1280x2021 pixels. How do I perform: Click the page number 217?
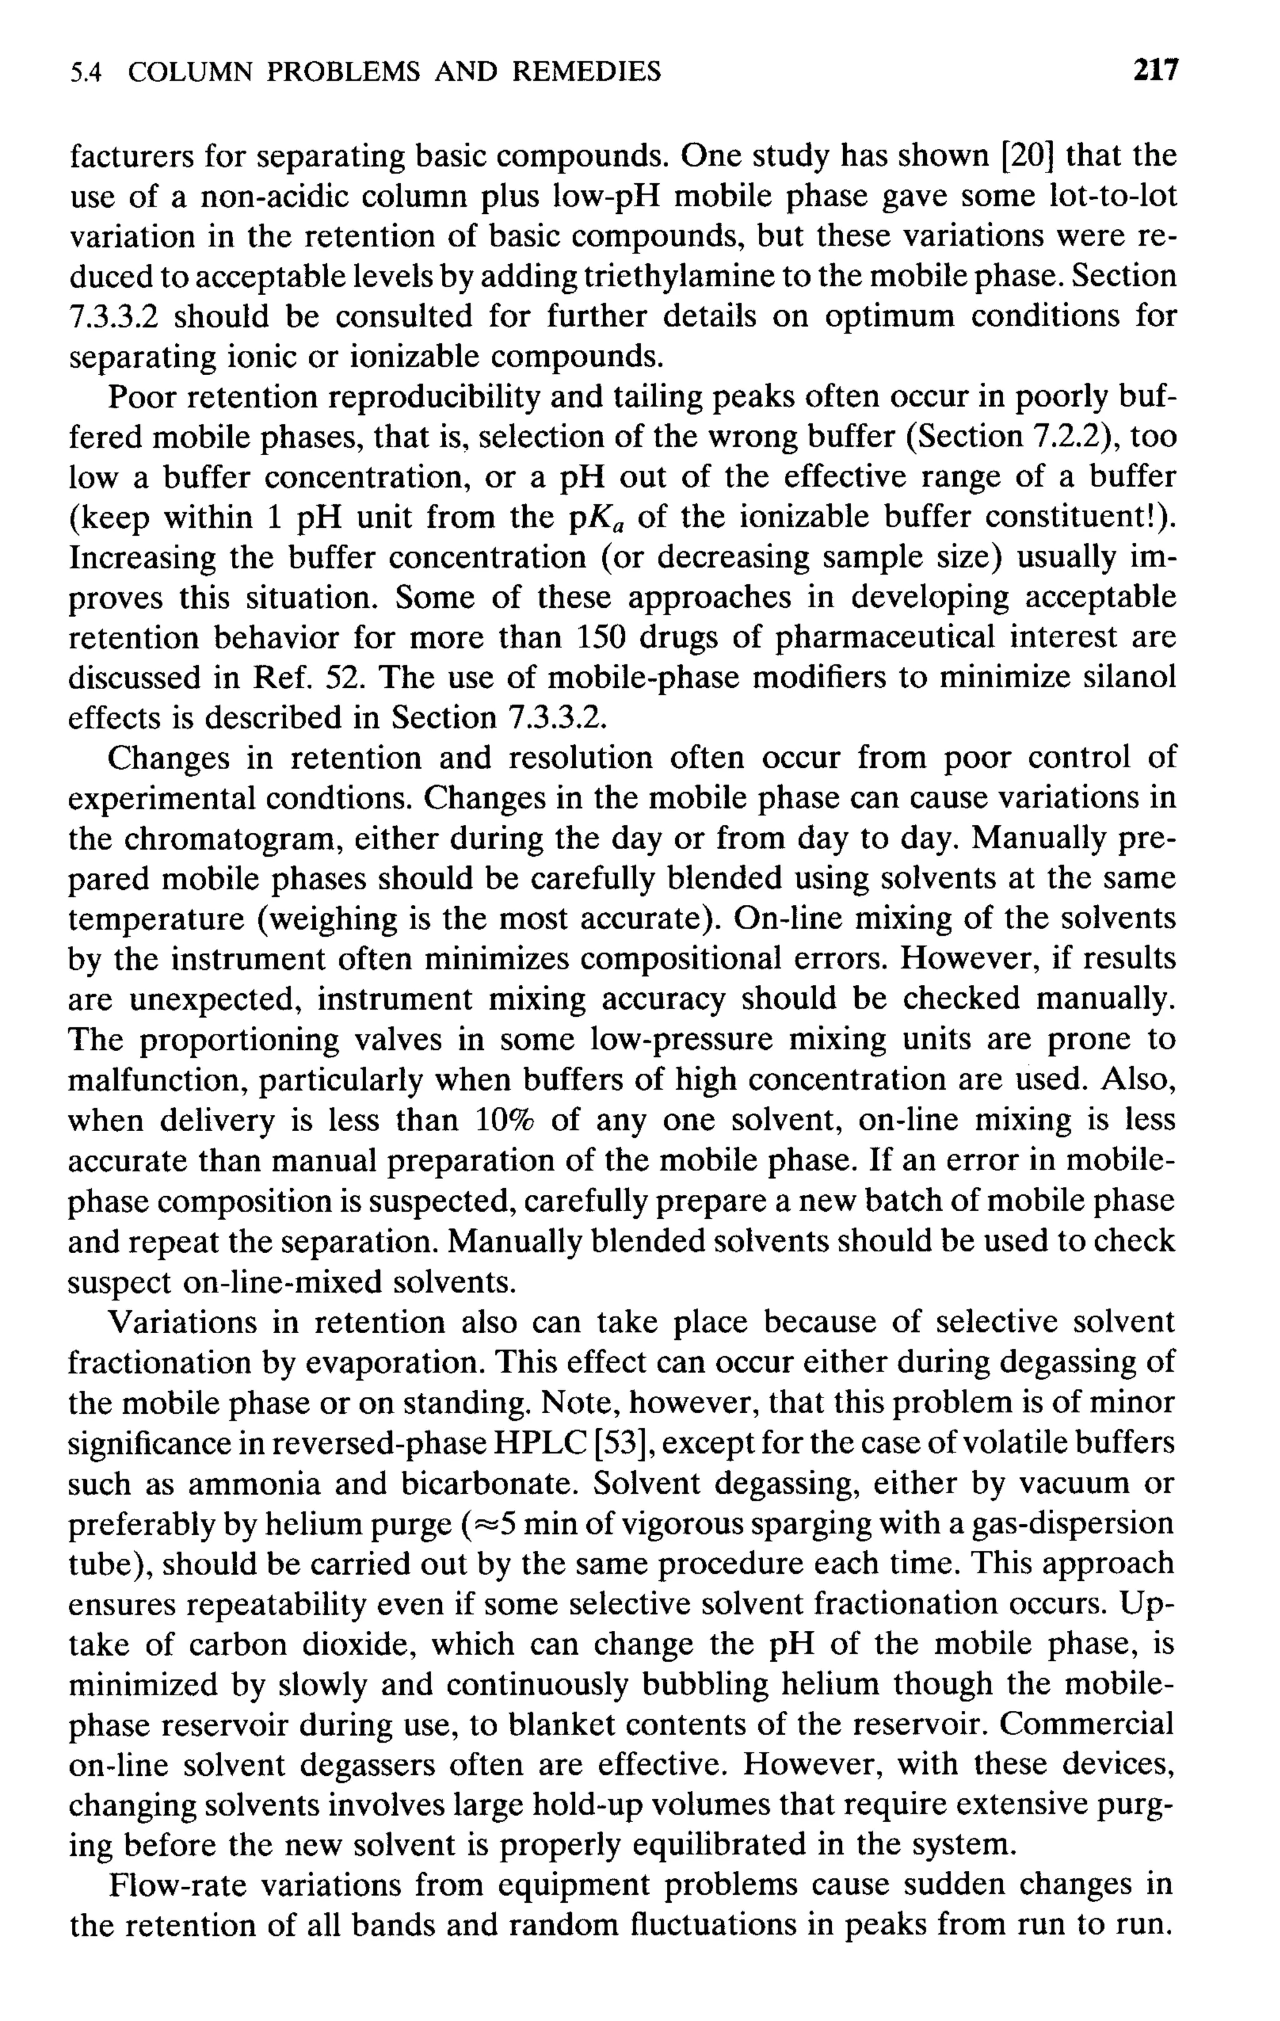[1155, 71]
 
